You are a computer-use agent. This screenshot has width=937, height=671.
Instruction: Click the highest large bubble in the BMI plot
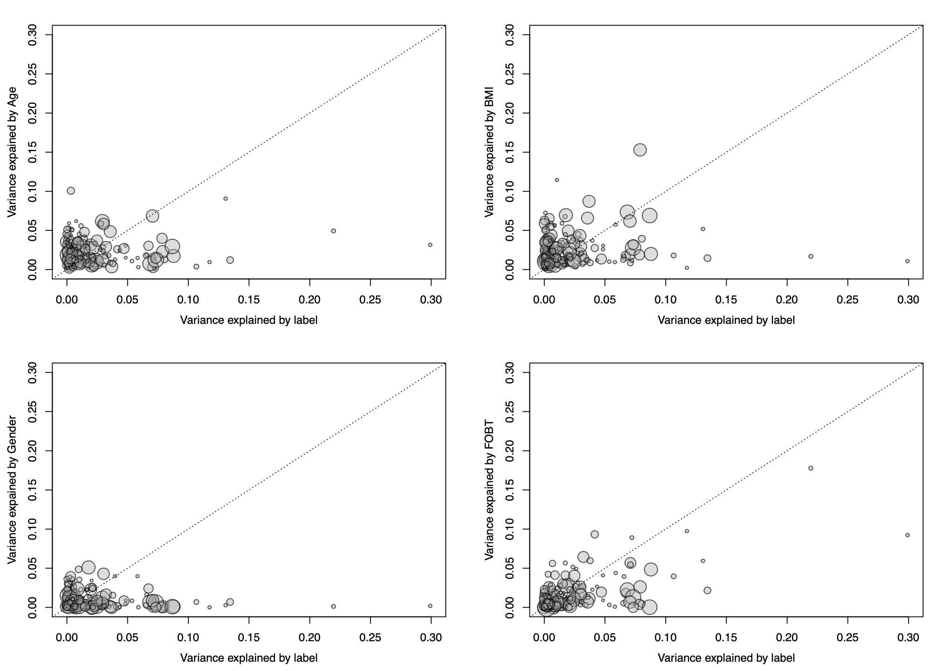click(640, 150)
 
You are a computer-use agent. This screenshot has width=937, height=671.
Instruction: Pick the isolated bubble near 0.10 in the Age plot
click(71, 191)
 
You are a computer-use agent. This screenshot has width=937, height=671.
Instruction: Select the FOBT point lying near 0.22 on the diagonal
click(811, 468)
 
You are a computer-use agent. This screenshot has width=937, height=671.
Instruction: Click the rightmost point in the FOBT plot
click(908, 535)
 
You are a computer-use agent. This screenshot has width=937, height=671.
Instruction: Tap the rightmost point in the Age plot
click(430, 245)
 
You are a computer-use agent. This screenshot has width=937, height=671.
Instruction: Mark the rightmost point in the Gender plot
click(430, 606)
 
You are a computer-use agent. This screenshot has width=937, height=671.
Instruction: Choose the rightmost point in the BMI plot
click(908, 262)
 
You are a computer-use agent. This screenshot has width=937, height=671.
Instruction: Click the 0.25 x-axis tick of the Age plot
click(370, 299)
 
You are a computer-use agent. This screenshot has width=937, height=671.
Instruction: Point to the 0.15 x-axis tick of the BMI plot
click(726, 299)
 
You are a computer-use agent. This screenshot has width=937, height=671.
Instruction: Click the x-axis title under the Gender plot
click(249, 658)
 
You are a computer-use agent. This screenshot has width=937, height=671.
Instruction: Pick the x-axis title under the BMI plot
click(726, 320)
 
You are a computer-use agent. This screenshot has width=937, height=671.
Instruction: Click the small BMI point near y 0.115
click(556, 180)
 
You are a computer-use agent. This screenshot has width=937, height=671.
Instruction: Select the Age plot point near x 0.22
click(334, 231)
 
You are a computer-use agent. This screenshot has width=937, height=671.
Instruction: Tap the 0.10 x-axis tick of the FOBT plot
click(666, 637)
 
